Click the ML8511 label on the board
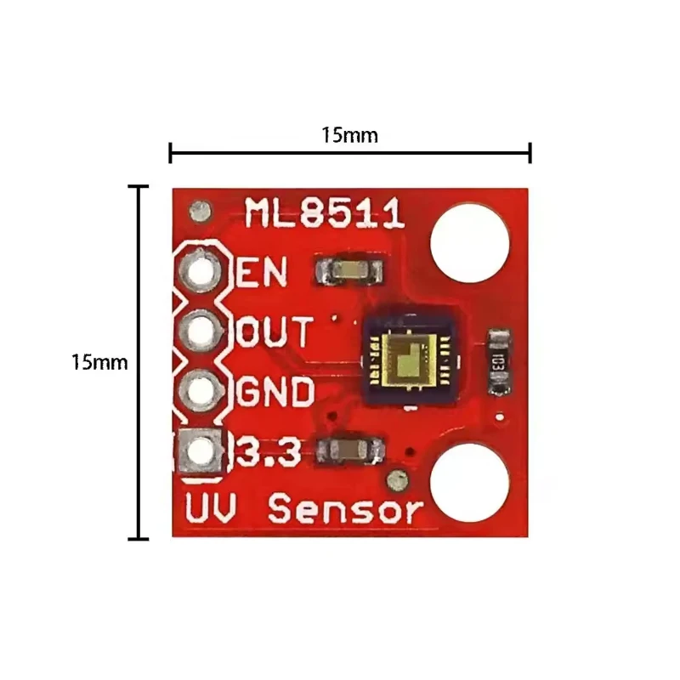point(325,213)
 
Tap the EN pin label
point(262,271)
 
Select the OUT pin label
point(274,331)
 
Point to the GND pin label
point(275,392)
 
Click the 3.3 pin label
point(268,452)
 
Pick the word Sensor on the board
point(346,508)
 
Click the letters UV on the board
point(211,507)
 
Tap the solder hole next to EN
point(201,271)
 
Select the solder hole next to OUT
point(201,331)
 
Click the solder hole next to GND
point(201,391)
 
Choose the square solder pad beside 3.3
point(201,451)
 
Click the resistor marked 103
point(499,362)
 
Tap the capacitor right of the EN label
point(349,270)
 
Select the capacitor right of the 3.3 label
point(350,450)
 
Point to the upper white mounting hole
point(470,243)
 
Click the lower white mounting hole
point(470,482)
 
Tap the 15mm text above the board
point(349,135)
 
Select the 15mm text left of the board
point(99,362)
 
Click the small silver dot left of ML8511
point(201,212)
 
